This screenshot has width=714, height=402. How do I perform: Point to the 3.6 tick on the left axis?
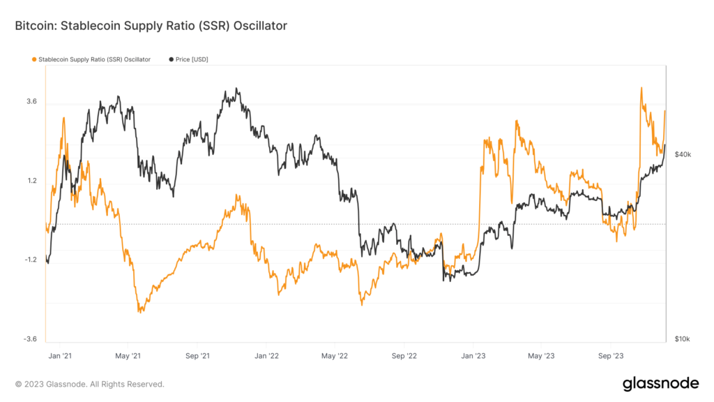tap(31, 102)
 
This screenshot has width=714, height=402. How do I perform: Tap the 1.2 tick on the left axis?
tap(31, 181)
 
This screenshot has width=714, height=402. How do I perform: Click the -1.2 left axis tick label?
tap(30, 260)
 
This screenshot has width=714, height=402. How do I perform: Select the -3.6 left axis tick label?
tap(30, 339)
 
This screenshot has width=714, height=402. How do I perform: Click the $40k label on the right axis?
tap(683, 154)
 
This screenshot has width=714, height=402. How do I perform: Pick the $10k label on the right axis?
tap(683, 339)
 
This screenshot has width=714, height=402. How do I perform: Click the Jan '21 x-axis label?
tap(59, 355)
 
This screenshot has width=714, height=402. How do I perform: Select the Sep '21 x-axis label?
tap(197, 355)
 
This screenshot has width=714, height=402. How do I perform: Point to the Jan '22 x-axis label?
tap(266, 355)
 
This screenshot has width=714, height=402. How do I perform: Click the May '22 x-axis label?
tap(334, 355)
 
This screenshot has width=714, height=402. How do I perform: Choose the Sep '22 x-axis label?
tap(404, 355)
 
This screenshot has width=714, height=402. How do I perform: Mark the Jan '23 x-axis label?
tap(473, 355)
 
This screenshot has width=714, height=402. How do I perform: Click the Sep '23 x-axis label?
tap(610, 355)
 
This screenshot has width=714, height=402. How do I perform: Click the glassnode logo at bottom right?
tap(660, 383)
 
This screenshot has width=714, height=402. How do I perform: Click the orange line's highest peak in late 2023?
tap(641, 88)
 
